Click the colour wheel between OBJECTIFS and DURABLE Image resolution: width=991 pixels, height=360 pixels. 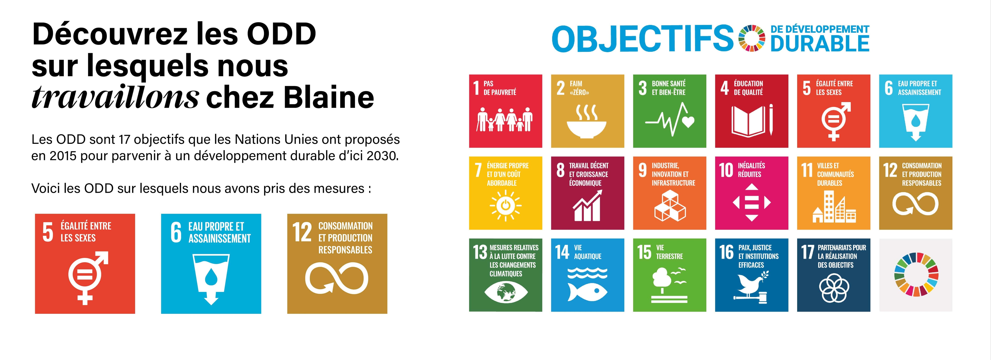coord(752,38)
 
